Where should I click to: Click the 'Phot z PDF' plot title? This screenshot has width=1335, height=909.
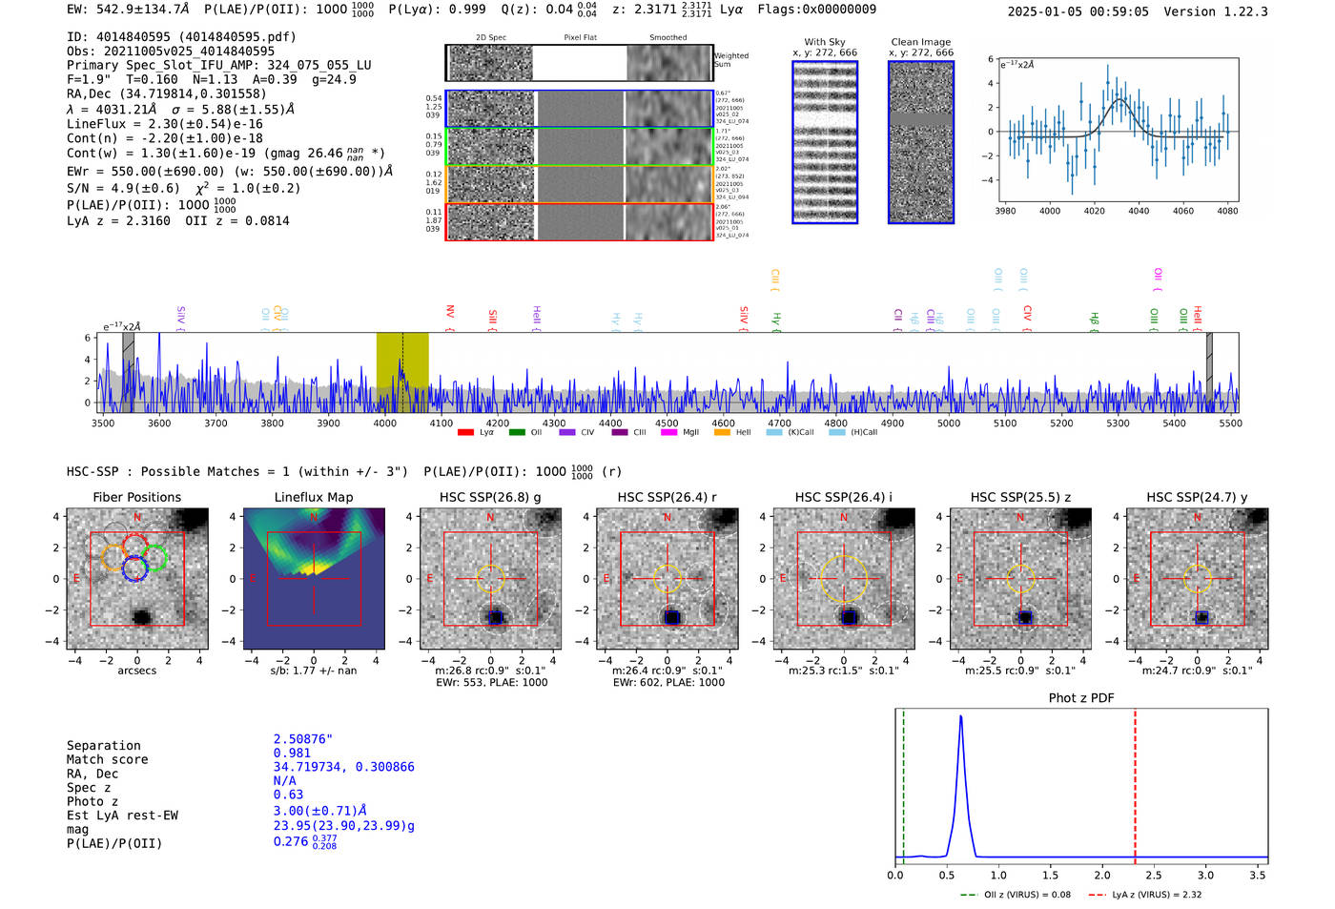1081,697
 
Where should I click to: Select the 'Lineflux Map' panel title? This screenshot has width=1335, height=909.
313,497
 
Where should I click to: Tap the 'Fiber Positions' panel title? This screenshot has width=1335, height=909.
136,497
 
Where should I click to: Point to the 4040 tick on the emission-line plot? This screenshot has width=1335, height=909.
1139,211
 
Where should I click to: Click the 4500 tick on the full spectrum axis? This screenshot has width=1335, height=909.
667,423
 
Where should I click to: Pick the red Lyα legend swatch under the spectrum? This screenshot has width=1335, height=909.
465,432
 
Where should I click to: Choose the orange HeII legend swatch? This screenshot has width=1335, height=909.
722,432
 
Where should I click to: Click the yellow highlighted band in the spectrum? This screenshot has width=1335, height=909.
401,362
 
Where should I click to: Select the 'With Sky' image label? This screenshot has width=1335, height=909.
825,42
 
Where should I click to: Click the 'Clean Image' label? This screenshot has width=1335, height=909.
920,42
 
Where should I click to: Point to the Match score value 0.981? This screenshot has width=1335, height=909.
292,754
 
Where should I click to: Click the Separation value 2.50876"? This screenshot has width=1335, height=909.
302,739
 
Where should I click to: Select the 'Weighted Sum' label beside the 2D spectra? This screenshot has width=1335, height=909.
730,60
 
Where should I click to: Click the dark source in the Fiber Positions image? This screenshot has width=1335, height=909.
141,617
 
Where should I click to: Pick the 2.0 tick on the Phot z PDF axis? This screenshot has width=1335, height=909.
1101,875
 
